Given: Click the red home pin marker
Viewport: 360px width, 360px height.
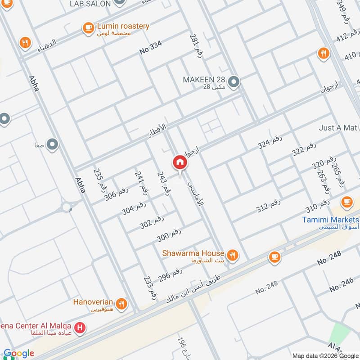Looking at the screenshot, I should pyautogui.click(x=180, y=162).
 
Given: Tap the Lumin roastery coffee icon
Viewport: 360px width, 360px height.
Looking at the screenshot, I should pyautogui.click(x=88, y=28).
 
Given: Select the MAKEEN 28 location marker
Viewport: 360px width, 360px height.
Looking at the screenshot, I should pyautogui.click(x=234, y=82).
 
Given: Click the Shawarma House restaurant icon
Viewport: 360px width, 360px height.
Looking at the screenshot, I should pyautogui.click(x=232, y=256).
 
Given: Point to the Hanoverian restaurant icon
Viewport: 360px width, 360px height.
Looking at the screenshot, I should pyautogui.click(x=121, y=305).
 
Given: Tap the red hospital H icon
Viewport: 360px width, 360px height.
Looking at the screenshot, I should pyautogui.click(x=80, y=328).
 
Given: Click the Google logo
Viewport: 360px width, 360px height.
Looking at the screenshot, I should pyautogui.click(x=19, y=353).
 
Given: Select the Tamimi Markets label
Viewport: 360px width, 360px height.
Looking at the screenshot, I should pyautogui.click(x=331, y=220).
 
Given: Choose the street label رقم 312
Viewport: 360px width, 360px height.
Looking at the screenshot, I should pyautogui.click(x=269, y=206).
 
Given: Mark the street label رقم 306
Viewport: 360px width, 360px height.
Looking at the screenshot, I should pyautogui.click(x=117, y=194).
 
